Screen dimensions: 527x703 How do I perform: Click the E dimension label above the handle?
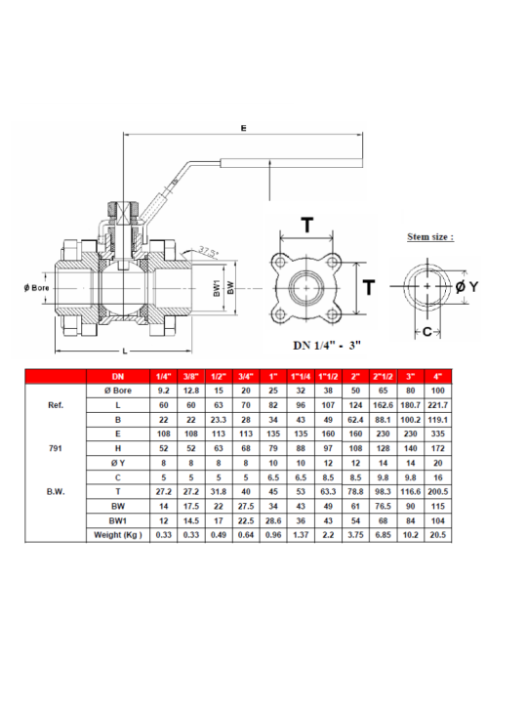(243, 128)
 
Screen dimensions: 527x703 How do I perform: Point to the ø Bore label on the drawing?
(37, 288)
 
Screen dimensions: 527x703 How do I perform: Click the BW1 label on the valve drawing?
(217, 288)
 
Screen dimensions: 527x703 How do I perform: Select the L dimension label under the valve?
(125, 351)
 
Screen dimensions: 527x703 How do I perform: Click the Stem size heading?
(430, 236)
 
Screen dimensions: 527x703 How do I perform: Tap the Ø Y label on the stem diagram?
(466, 286)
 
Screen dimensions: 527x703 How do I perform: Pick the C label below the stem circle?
(427, 332)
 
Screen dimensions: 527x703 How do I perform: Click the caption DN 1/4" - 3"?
(327, 346)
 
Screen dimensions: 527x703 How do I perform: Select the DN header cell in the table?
(118, 376)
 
